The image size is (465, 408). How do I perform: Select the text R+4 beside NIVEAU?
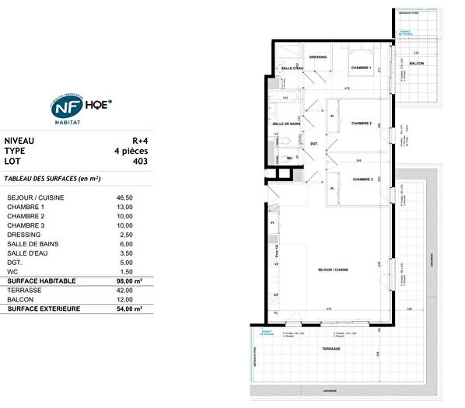click(137, 141)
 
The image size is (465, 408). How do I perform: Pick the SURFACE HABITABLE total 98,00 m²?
click(128, 281)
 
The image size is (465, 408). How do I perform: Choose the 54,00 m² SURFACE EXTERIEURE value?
click(128, 309)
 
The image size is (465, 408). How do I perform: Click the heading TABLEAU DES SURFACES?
click(51, 179)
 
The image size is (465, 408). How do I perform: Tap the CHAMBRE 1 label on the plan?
click(360, 68)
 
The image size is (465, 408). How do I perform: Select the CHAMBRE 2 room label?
click(361, 123)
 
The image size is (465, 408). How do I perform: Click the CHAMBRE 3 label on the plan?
click(362, 179)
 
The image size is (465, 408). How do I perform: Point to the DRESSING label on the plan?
click(318, 57)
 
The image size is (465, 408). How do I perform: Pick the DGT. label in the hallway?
click(314, 143)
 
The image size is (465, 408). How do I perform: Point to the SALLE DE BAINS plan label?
click(286, 124)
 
